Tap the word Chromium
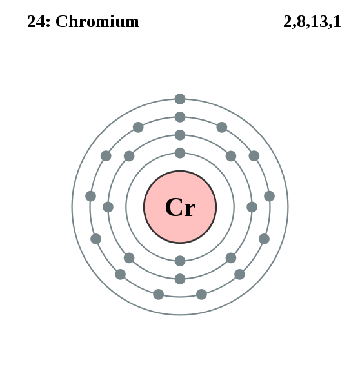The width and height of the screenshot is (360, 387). coord(97,21)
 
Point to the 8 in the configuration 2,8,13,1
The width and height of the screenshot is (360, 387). coord(301,21)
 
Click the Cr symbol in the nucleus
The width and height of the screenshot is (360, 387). coord(180,207)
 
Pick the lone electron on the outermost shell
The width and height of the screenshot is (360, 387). coord(180,99)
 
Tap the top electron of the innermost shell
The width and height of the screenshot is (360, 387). coord(180,153)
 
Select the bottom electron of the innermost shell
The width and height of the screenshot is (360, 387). coord(180,261)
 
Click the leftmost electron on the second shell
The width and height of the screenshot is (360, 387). coord(108,207)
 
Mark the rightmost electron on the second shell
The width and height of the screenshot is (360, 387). coord(252,207)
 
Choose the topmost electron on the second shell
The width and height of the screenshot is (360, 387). coord(180,135)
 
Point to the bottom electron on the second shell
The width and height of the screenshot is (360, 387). coord(180,279)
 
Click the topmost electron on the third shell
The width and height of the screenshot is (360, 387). coord(180,117)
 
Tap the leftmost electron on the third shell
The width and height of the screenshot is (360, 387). coord(90,196)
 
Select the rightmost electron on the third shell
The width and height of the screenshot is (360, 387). coord(270,196)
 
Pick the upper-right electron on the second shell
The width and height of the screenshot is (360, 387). coord(231,156)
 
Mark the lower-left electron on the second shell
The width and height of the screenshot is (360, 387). coord(129,258)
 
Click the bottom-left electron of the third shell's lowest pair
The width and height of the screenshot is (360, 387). coord(159,294)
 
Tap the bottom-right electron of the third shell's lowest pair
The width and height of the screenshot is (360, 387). coord(201,294)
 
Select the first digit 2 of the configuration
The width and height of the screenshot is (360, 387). coord(287,21)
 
